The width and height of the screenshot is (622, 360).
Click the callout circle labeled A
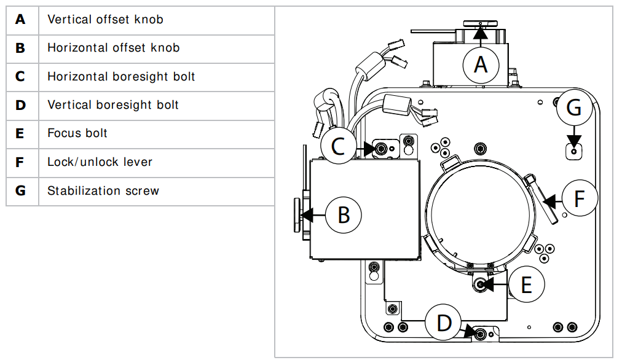(x=481, y=64)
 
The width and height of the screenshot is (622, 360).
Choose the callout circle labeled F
(x=580, y=199)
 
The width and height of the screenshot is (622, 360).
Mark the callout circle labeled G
(x=573, y=108)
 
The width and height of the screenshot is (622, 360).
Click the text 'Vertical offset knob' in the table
(x=105, y=20)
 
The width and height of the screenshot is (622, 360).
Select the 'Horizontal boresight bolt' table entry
(x=121, y=77)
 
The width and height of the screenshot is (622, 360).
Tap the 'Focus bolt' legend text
(x=77, y=133)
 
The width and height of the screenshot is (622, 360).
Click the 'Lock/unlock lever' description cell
(x=100, y=162)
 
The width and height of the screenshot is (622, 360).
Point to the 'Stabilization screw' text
(x=103, y=190)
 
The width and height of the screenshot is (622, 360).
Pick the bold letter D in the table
(x=21, y=105)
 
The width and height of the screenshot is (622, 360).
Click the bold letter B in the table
(x=21, y=48)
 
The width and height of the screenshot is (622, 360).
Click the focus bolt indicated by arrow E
(x=481, y=284)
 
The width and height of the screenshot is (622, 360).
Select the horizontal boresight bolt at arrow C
(x=382, y=148)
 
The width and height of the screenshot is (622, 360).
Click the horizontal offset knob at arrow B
(x=298, y=214)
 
